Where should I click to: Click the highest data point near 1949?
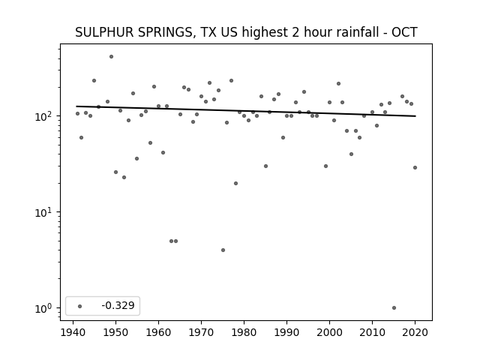pos(112,57)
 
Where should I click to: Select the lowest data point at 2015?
pos(394,308)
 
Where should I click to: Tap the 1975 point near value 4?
pos(223,250)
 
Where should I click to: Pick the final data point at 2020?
pos(415,167)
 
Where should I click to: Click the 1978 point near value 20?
pos(235,183)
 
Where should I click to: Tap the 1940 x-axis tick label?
pos(73,332)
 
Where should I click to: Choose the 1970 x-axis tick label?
pos(202,332)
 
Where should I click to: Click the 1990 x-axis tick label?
pos(286,332)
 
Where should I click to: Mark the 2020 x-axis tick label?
pos(415,332)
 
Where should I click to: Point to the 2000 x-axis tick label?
pos(330,332)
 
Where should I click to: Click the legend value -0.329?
pos(118,305)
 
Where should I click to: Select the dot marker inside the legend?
pos(80,306)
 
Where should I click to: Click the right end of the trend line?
pos(415,116)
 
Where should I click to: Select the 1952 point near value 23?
pos(124,177)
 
